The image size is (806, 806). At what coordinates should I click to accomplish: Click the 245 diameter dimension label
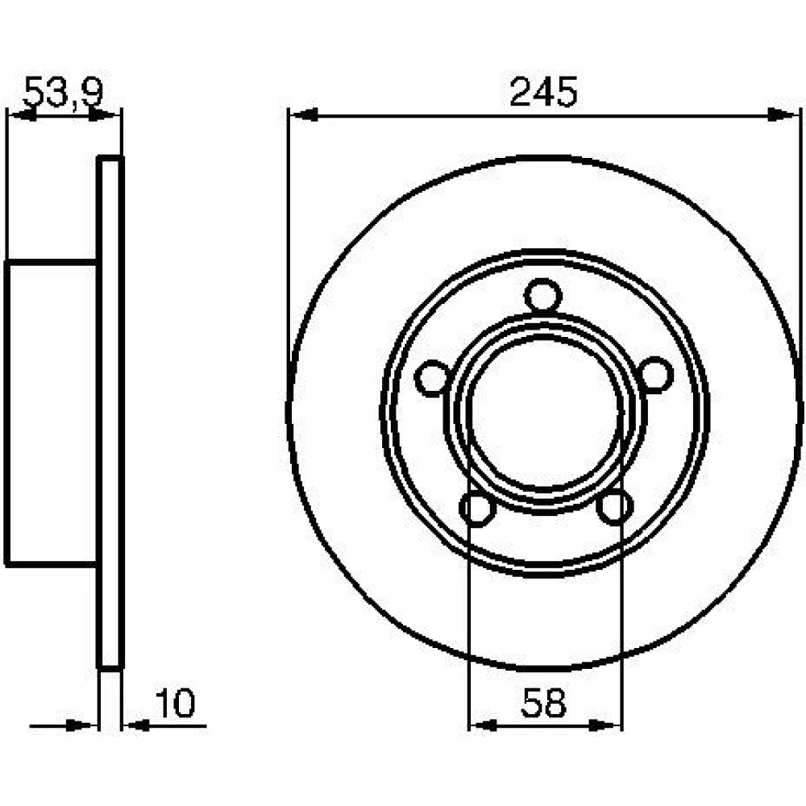coord(544,92)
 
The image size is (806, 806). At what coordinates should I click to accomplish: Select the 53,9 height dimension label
coord(63,92)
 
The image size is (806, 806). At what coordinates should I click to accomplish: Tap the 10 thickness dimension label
coord(175,703)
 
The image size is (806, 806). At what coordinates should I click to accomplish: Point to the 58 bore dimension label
coord(543,703)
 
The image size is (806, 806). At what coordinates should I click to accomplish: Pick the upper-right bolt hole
coord(654,375)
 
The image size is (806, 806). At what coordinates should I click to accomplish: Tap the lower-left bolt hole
coord(477,508)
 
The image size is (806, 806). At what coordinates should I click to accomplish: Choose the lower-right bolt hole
coord(615,507)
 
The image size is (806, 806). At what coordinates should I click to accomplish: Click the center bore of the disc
coord(544,411)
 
